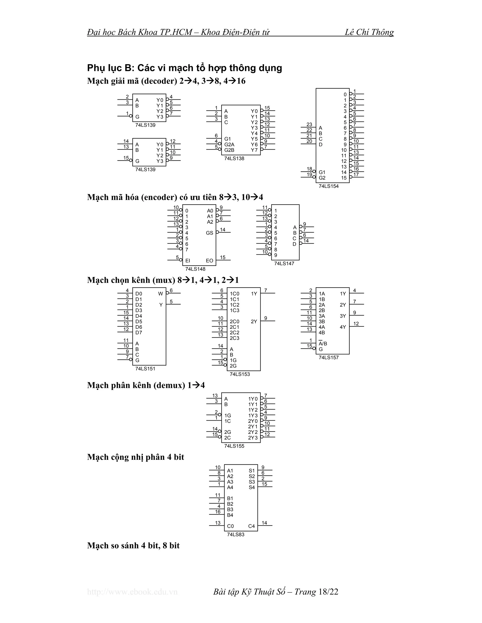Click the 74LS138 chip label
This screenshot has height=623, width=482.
(x=234, y=159)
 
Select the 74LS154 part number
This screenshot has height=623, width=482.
(x=328, y=186)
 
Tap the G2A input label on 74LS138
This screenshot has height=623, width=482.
(x=229, y=145)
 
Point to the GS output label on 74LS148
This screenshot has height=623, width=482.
(x=210, y=233)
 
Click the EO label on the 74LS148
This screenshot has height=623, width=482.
(x=210, y=261)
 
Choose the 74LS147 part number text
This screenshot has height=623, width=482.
(x=284, y=264)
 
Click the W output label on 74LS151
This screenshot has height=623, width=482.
(x=161, y=294)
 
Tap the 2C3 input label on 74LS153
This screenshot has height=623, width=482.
(x=234, y=338)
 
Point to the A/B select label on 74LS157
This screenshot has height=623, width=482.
(x=323, y=344)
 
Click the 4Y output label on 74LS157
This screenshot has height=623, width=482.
(x=343, y=327)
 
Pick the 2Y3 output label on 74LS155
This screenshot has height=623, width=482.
(x=253, y=438)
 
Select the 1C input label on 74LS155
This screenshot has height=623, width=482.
(x=228, y=421)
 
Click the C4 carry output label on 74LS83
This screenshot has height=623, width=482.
(x=251, y=526)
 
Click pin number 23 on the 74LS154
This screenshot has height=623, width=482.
(x=309, y=125)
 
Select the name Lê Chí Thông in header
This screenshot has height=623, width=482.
(x=369, y=32)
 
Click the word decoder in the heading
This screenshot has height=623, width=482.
(x=160, y=81)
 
